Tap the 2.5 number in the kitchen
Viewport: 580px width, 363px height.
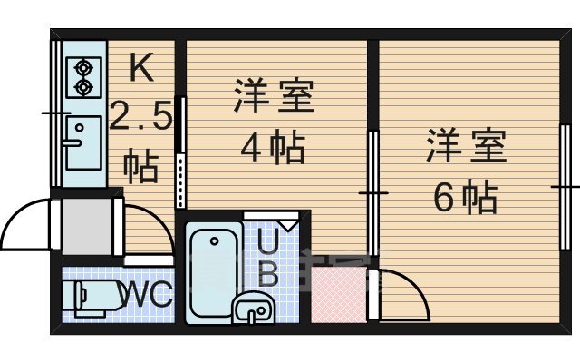[x=140, y=116]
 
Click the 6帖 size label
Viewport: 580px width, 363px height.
[x=465, y=195]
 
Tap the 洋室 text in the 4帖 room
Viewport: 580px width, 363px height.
[x=274, y=97]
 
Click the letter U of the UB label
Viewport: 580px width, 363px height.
[x=270, y=242]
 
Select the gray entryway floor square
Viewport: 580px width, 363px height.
[x=90, y=226]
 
